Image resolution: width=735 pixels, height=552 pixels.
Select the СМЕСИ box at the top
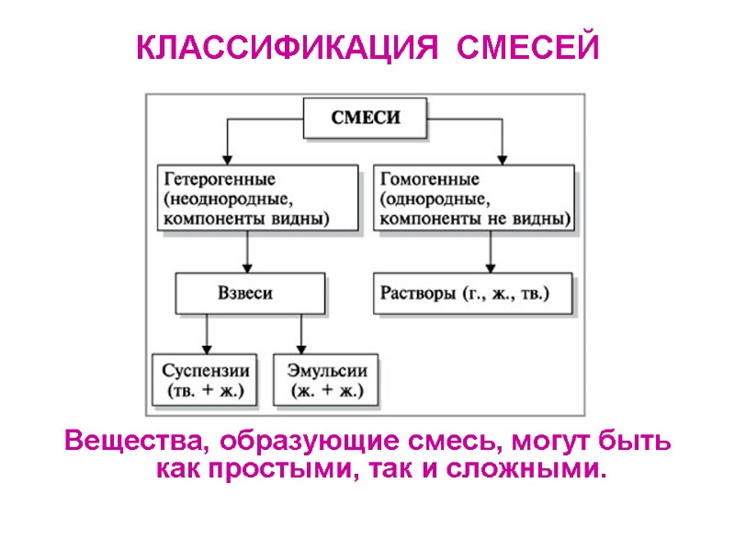(365, 119)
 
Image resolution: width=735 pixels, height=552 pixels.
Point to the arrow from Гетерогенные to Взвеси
(247, 250)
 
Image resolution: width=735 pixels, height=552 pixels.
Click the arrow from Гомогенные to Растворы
(490, 250)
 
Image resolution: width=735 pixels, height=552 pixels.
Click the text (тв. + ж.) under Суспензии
(206, 390)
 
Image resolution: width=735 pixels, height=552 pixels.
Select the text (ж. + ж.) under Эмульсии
(328, 390)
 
